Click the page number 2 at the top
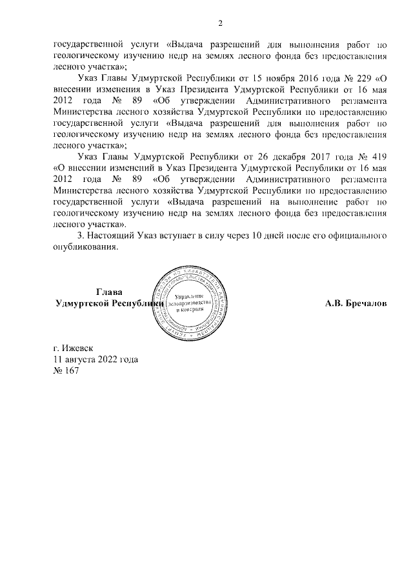pyautogui.click(x=219, y=25)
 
